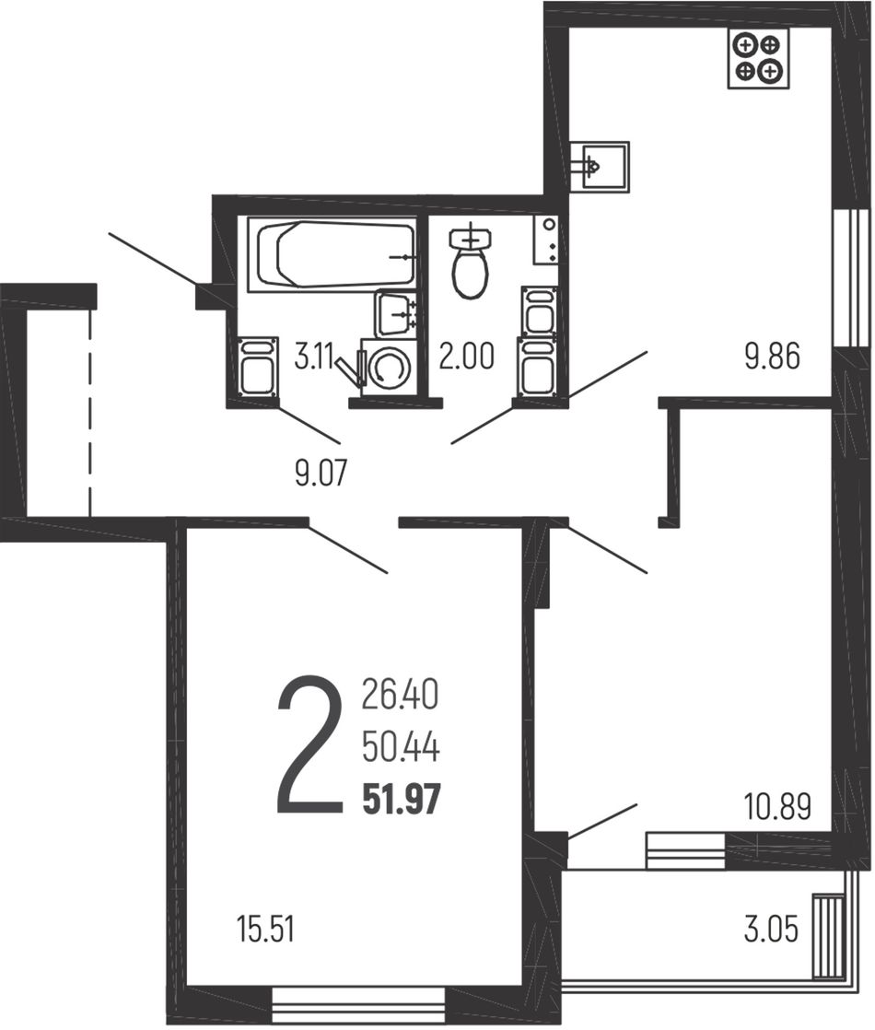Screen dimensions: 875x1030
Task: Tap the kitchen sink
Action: coord(599,167)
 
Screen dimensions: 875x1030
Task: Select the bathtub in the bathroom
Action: coord(331,255)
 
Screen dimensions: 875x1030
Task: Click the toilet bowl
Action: coord(470,263)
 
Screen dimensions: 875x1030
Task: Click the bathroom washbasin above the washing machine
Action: coord(395,314)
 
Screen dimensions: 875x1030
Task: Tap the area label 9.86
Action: coord(772,357)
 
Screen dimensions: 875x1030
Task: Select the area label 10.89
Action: coord(777,806)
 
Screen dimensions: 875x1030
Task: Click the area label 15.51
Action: coord(265,931)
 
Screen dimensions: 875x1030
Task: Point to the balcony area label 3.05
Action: coord(771,931)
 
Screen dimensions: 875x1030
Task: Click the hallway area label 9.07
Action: coord(321,473)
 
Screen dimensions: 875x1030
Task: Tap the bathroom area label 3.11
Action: coord(313,358)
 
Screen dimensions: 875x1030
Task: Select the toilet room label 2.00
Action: coord(466,358)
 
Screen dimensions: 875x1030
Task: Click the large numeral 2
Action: coord(310,746)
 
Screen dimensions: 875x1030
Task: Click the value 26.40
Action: coord(400,696)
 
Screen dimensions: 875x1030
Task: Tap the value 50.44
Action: coord(401,748)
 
